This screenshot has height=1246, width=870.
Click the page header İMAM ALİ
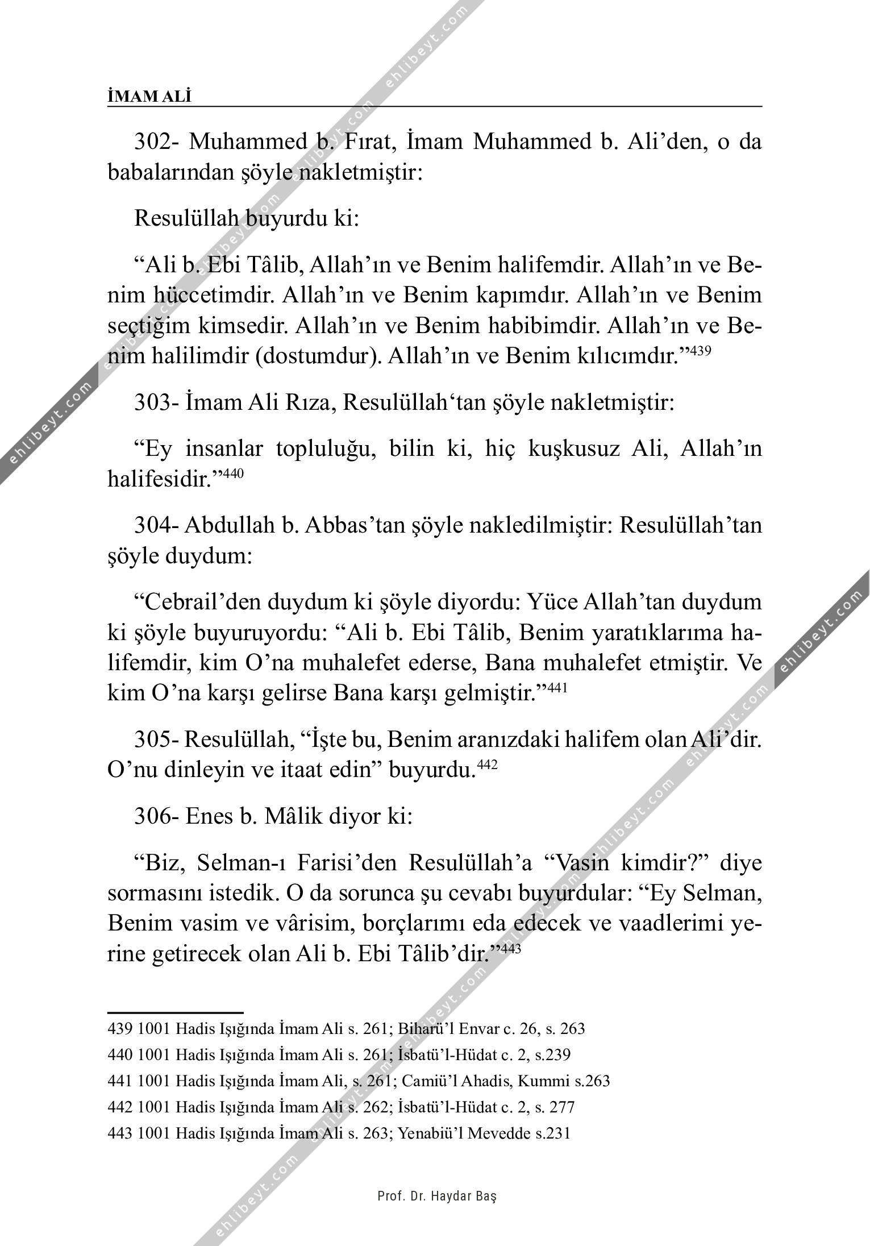149,97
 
